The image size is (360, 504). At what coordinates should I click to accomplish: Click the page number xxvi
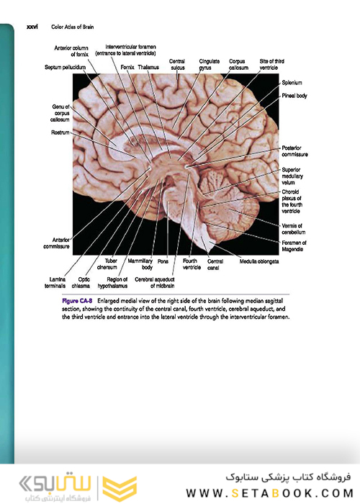[32, 27]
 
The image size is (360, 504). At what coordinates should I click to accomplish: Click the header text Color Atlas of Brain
[72, 27]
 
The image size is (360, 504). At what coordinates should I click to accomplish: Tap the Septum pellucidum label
[66, 67]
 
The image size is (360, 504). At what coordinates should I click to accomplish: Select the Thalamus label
[148, 67]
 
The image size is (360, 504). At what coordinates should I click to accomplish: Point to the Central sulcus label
[177, 64]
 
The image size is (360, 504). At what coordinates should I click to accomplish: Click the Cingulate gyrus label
[209, 64]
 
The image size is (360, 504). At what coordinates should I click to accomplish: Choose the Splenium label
[292, 83]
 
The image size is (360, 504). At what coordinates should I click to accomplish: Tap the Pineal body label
[294, 96]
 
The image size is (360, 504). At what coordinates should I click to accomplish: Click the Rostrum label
[60, 132]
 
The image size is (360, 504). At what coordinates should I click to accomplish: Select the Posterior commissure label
[294, 151]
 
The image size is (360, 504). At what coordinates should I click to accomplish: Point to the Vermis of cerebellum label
[294, 229]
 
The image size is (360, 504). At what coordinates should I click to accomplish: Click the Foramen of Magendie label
[294, 246]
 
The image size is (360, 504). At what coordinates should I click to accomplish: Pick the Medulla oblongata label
[259, 261]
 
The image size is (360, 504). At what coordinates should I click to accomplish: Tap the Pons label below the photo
[163, 261]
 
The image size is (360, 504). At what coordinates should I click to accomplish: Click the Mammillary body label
[140, 264]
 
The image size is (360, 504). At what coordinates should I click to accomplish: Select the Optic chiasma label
[81, 282]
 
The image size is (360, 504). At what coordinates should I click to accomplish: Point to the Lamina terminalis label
[55, 282]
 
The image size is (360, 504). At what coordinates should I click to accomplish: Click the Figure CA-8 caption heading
[77, 301]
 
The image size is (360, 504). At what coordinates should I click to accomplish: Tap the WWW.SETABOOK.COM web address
[270, 493]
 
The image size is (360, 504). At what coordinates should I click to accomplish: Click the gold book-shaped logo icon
[120, 489]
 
